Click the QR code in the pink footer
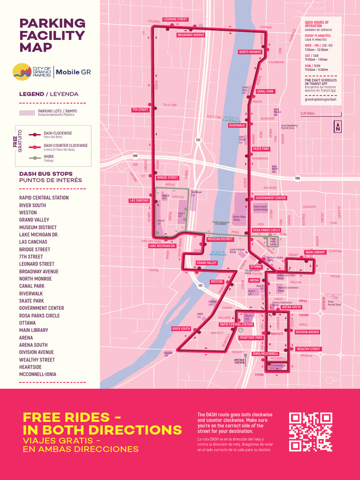(310, 432)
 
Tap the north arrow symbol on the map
(338, 127)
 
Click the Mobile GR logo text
(73, 72)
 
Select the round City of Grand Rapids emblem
(22, 72)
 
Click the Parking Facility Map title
(52, 35)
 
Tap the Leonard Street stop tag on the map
(175, 19)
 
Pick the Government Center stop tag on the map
(270, 198)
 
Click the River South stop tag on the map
(181, 328)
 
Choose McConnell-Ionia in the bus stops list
(37, 375)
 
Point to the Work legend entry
(49, 157)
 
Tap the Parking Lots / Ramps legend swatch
(27, 112)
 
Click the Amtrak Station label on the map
(240, 361)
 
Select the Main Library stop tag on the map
(315, 252)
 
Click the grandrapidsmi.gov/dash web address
(321, 99)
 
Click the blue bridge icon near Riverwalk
(232, 119)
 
